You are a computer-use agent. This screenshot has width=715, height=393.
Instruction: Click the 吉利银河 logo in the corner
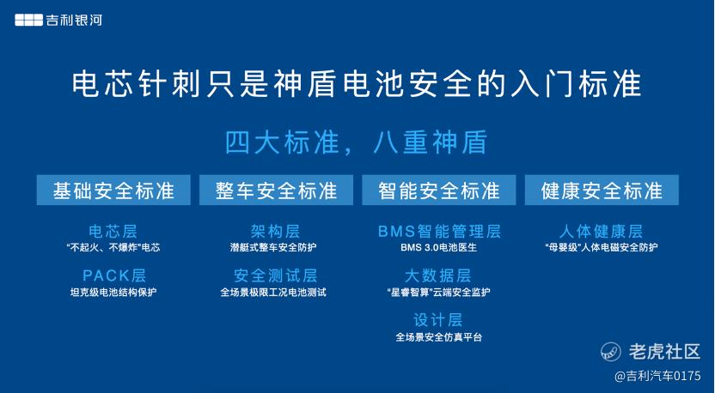58,20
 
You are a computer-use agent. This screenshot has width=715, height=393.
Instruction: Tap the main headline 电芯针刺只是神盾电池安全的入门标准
357,84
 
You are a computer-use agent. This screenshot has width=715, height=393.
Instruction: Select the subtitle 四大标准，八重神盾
357,142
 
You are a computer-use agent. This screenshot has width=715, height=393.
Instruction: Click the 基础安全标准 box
113,190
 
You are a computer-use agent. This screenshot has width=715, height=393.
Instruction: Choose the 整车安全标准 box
277,190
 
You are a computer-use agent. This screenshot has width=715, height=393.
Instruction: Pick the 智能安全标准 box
438,190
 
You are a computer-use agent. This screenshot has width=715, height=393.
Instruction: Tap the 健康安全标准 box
602,190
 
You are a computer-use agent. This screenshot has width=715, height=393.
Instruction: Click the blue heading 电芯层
113,232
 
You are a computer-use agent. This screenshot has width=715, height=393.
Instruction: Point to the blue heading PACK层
114,275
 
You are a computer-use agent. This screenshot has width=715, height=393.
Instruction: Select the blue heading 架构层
275,232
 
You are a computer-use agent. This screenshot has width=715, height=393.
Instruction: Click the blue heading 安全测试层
275,275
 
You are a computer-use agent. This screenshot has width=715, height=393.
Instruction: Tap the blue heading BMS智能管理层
439,232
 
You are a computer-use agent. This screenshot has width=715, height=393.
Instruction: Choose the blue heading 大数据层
437,275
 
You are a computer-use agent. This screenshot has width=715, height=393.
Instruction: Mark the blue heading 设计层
437,320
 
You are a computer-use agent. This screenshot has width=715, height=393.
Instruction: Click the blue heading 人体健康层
602,232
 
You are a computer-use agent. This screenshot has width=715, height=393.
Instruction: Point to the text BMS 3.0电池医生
438,248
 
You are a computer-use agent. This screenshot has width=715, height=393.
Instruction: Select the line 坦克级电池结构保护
113,292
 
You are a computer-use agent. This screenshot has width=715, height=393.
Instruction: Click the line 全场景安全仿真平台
438,337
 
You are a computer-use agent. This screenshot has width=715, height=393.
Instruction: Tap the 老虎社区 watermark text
664,352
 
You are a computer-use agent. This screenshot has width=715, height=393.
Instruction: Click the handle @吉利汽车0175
657,376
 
